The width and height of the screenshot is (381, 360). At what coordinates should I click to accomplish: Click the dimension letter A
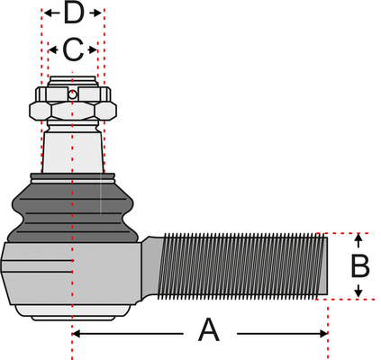pyautogui.click(x=209, y=330)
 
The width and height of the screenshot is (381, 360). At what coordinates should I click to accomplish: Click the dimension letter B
pyautogui.click(x=360, y=266)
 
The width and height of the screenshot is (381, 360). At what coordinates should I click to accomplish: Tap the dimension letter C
pyautogui.click(x=73, y=49)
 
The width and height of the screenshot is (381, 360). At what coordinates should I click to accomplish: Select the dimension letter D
pyautogui.click(x=74, y=13)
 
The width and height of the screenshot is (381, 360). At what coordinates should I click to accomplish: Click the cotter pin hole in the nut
pyautogui.click(x=72, y=94)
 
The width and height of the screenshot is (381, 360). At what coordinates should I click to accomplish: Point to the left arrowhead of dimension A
pyautogui.click(x=77, y=333)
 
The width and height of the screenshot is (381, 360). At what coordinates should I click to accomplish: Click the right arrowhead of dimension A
pyautogui.click(x=323, y=333)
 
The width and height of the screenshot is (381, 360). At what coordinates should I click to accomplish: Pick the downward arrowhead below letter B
pyautogui.click(x=358, y=291)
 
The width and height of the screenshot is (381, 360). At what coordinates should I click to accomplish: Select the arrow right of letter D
pyautogui.click(x=95, y=13)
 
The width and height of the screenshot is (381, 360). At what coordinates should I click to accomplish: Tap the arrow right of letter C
pyautogui.click(x=92, y=49)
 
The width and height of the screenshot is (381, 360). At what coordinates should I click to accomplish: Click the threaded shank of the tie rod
pyautogui.click(x=241, y=266)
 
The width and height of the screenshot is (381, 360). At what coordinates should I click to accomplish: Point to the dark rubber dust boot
pyautogui.click(x=72, y=209)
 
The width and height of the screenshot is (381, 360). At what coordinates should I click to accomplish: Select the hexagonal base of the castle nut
pyautogui.click(x=73, y=111)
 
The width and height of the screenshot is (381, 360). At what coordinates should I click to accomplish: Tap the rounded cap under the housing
pyautogui.click(x=73, y=312)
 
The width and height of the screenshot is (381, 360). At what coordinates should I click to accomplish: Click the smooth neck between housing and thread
pyautogui.click(x=150, y=268)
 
